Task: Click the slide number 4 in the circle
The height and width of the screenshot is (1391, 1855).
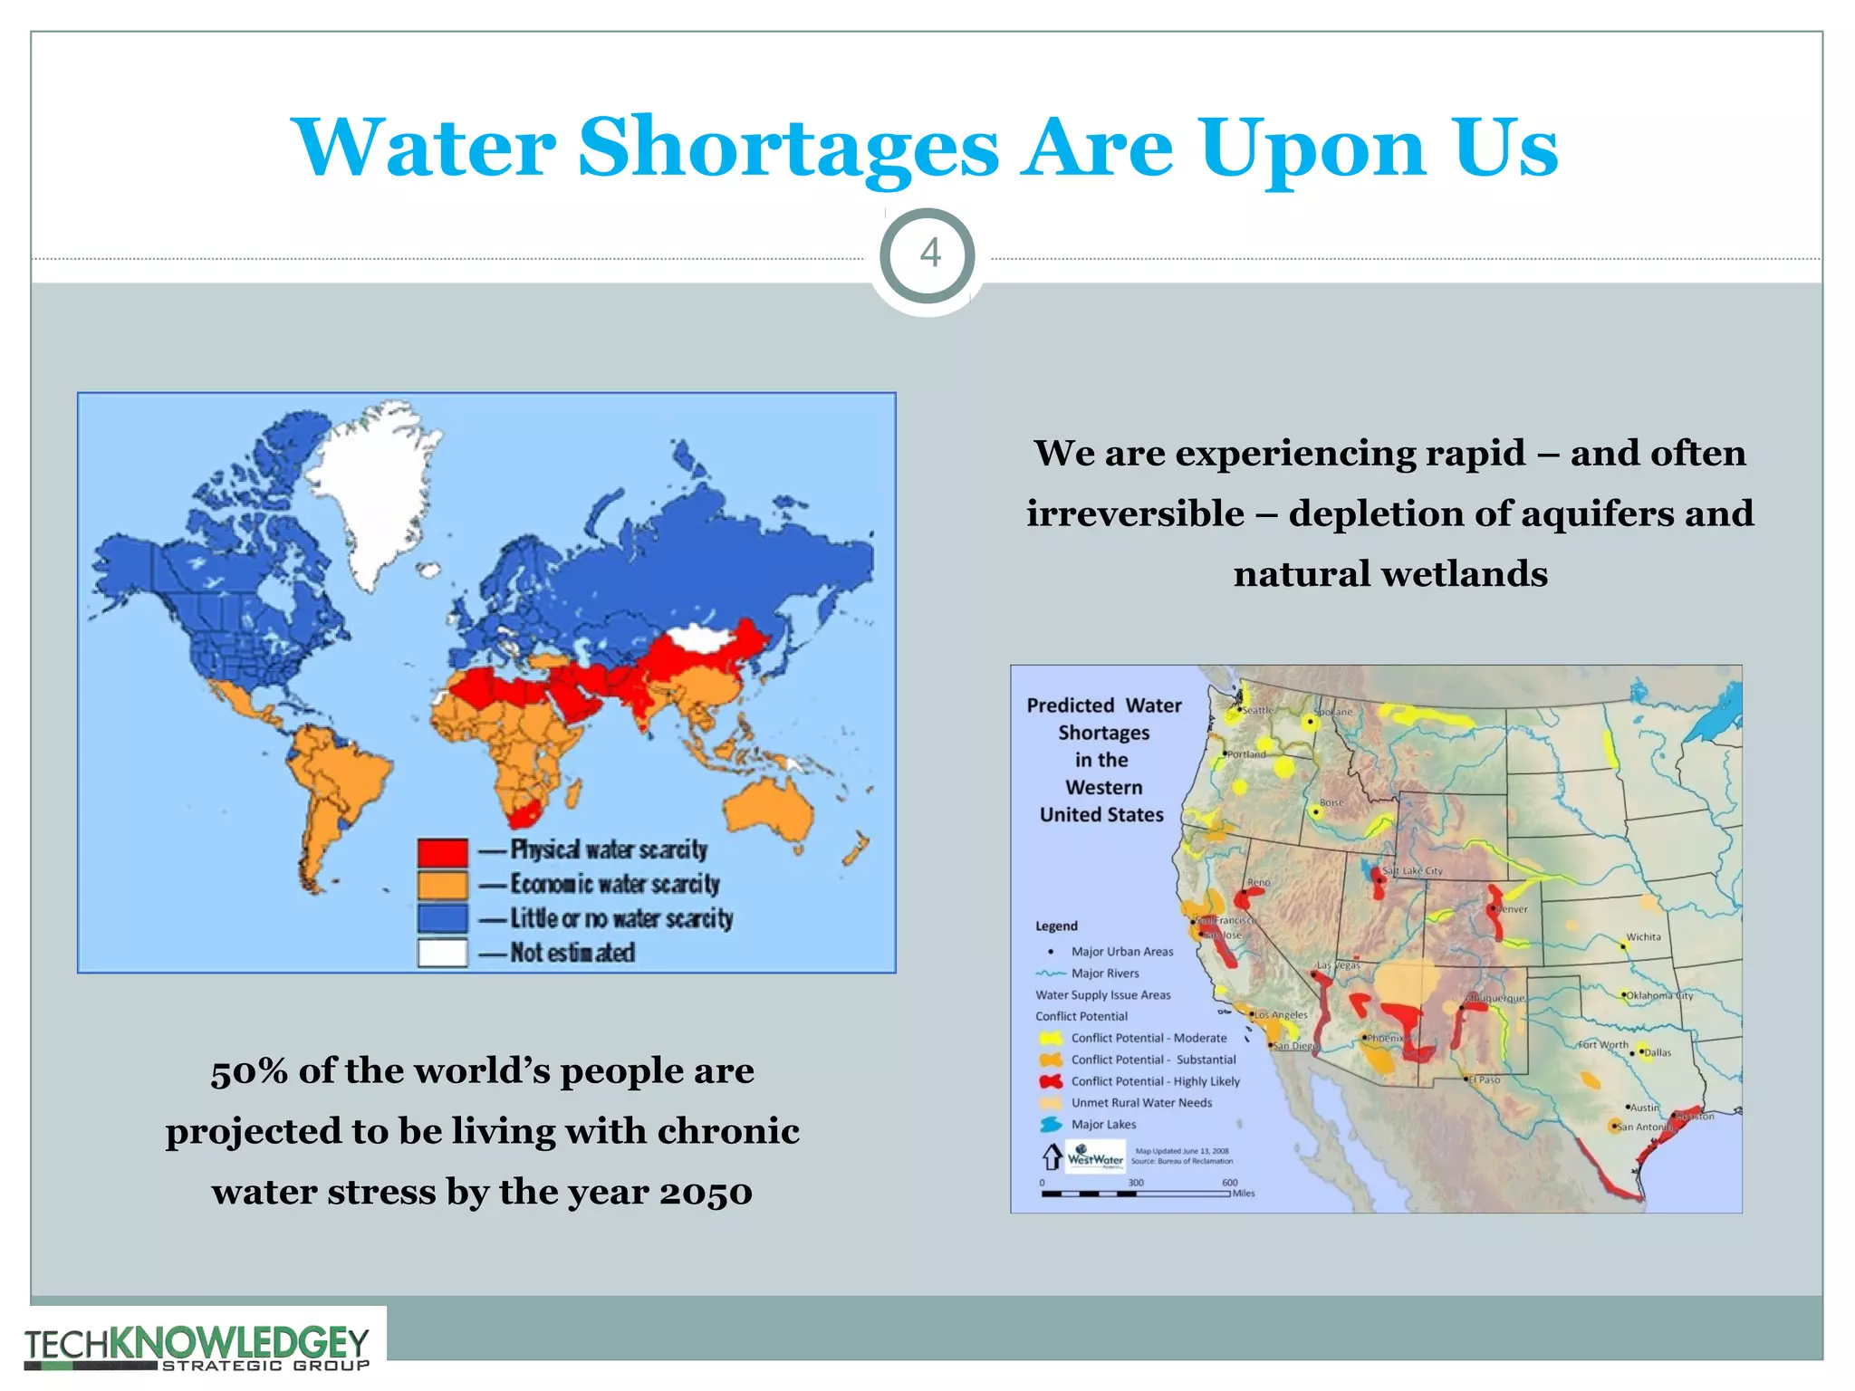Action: coord(929,254)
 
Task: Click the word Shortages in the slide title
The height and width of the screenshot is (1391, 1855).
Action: coord(788,148)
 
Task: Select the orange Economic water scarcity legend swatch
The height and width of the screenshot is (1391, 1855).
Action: coord(443,885)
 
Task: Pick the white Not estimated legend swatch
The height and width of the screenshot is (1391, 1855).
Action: coord(443,953)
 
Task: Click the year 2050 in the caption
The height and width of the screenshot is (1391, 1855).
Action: coord(705,1192)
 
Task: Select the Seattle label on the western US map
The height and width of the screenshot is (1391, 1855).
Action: coord(1257,710)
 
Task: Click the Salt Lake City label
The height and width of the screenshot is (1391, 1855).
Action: coord(1412,870)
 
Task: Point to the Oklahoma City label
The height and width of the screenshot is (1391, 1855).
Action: coord(1659,995)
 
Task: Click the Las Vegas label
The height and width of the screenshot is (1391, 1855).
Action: coord(1339,965)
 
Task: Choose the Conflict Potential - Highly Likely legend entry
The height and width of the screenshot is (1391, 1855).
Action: coord(1155,1081)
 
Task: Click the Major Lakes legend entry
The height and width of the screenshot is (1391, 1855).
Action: coord(1103,1125)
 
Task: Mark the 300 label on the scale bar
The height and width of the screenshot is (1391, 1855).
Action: coord(1136,1183)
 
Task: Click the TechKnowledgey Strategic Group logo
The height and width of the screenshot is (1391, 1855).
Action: coord(197,1348)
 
